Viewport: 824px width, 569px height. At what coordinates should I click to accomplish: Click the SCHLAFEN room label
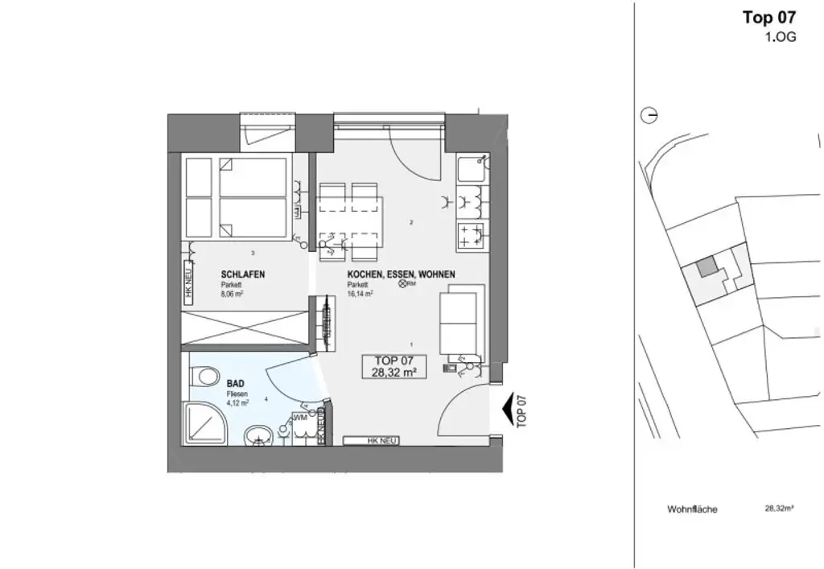[242, 274]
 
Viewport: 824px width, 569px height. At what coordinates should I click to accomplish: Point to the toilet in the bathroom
[205, 377]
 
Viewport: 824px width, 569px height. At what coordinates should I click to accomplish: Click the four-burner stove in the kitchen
[471, 236]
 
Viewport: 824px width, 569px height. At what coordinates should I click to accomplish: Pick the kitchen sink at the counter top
[469, 170]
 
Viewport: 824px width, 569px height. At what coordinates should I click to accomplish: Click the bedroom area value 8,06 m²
[232, 295]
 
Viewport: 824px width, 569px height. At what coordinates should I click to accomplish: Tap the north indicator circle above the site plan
[649, 116]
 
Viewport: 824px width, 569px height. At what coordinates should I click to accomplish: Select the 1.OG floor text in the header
[781, 37]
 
